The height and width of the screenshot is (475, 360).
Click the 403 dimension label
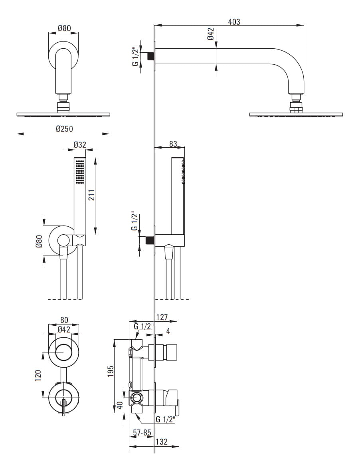(x=234, y=22)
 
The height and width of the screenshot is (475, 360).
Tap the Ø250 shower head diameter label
(x=64, y=129)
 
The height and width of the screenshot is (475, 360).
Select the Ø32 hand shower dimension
(x=80, y=145)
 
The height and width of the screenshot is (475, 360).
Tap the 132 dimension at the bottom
(x=161, y=442)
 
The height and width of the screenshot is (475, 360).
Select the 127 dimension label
(x=162, y=317)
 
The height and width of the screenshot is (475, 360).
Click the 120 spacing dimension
(x=38, y=375)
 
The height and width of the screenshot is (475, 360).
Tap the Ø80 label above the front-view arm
(x=64, y=28)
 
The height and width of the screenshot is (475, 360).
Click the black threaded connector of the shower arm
(x=151, y=56)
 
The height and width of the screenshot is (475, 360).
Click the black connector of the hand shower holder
(x=150, y=240)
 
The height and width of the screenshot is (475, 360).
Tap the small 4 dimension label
(x=168, y=331)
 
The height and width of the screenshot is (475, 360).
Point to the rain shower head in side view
(x=296, y=115)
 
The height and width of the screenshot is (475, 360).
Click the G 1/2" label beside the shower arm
(x=136, y=56)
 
